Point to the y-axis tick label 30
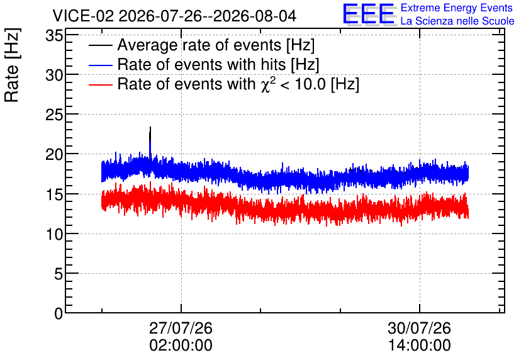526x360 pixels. (x=54, y=75)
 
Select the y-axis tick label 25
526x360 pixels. (x=54, y=115)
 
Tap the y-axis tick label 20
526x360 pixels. (x=54, y=154)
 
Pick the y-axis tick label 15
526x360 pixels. (x=54, y=194)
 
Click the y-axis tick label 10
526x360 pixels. (x=54, y=234)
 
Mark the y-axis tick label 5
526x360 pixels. (x=59, y=274)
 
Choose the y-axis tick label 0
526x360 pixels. (x=59, y=313)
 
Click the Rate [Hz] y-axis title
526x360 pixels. (x=12, y=65)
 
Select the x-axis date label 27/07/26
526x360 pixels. (x=181, y=328)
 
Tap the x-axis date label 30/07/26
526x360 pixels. (x=419, y=328)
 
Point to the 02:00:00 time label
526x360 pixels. (x=181, y=346)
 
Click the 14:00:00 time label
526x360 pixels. (x=419, y=346)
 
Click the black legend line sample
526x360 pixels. (x=100, y=45)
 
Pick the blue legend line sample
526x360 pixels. (x=100, y=65)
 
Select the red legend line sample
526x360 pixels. (x=100, y=84)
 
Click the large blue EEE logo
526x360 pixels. (x=369, y=14)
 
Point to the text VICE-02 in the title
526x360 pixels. (x=83, y=16)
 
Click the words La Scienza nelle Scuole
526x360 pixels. (x=457, y=21)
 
